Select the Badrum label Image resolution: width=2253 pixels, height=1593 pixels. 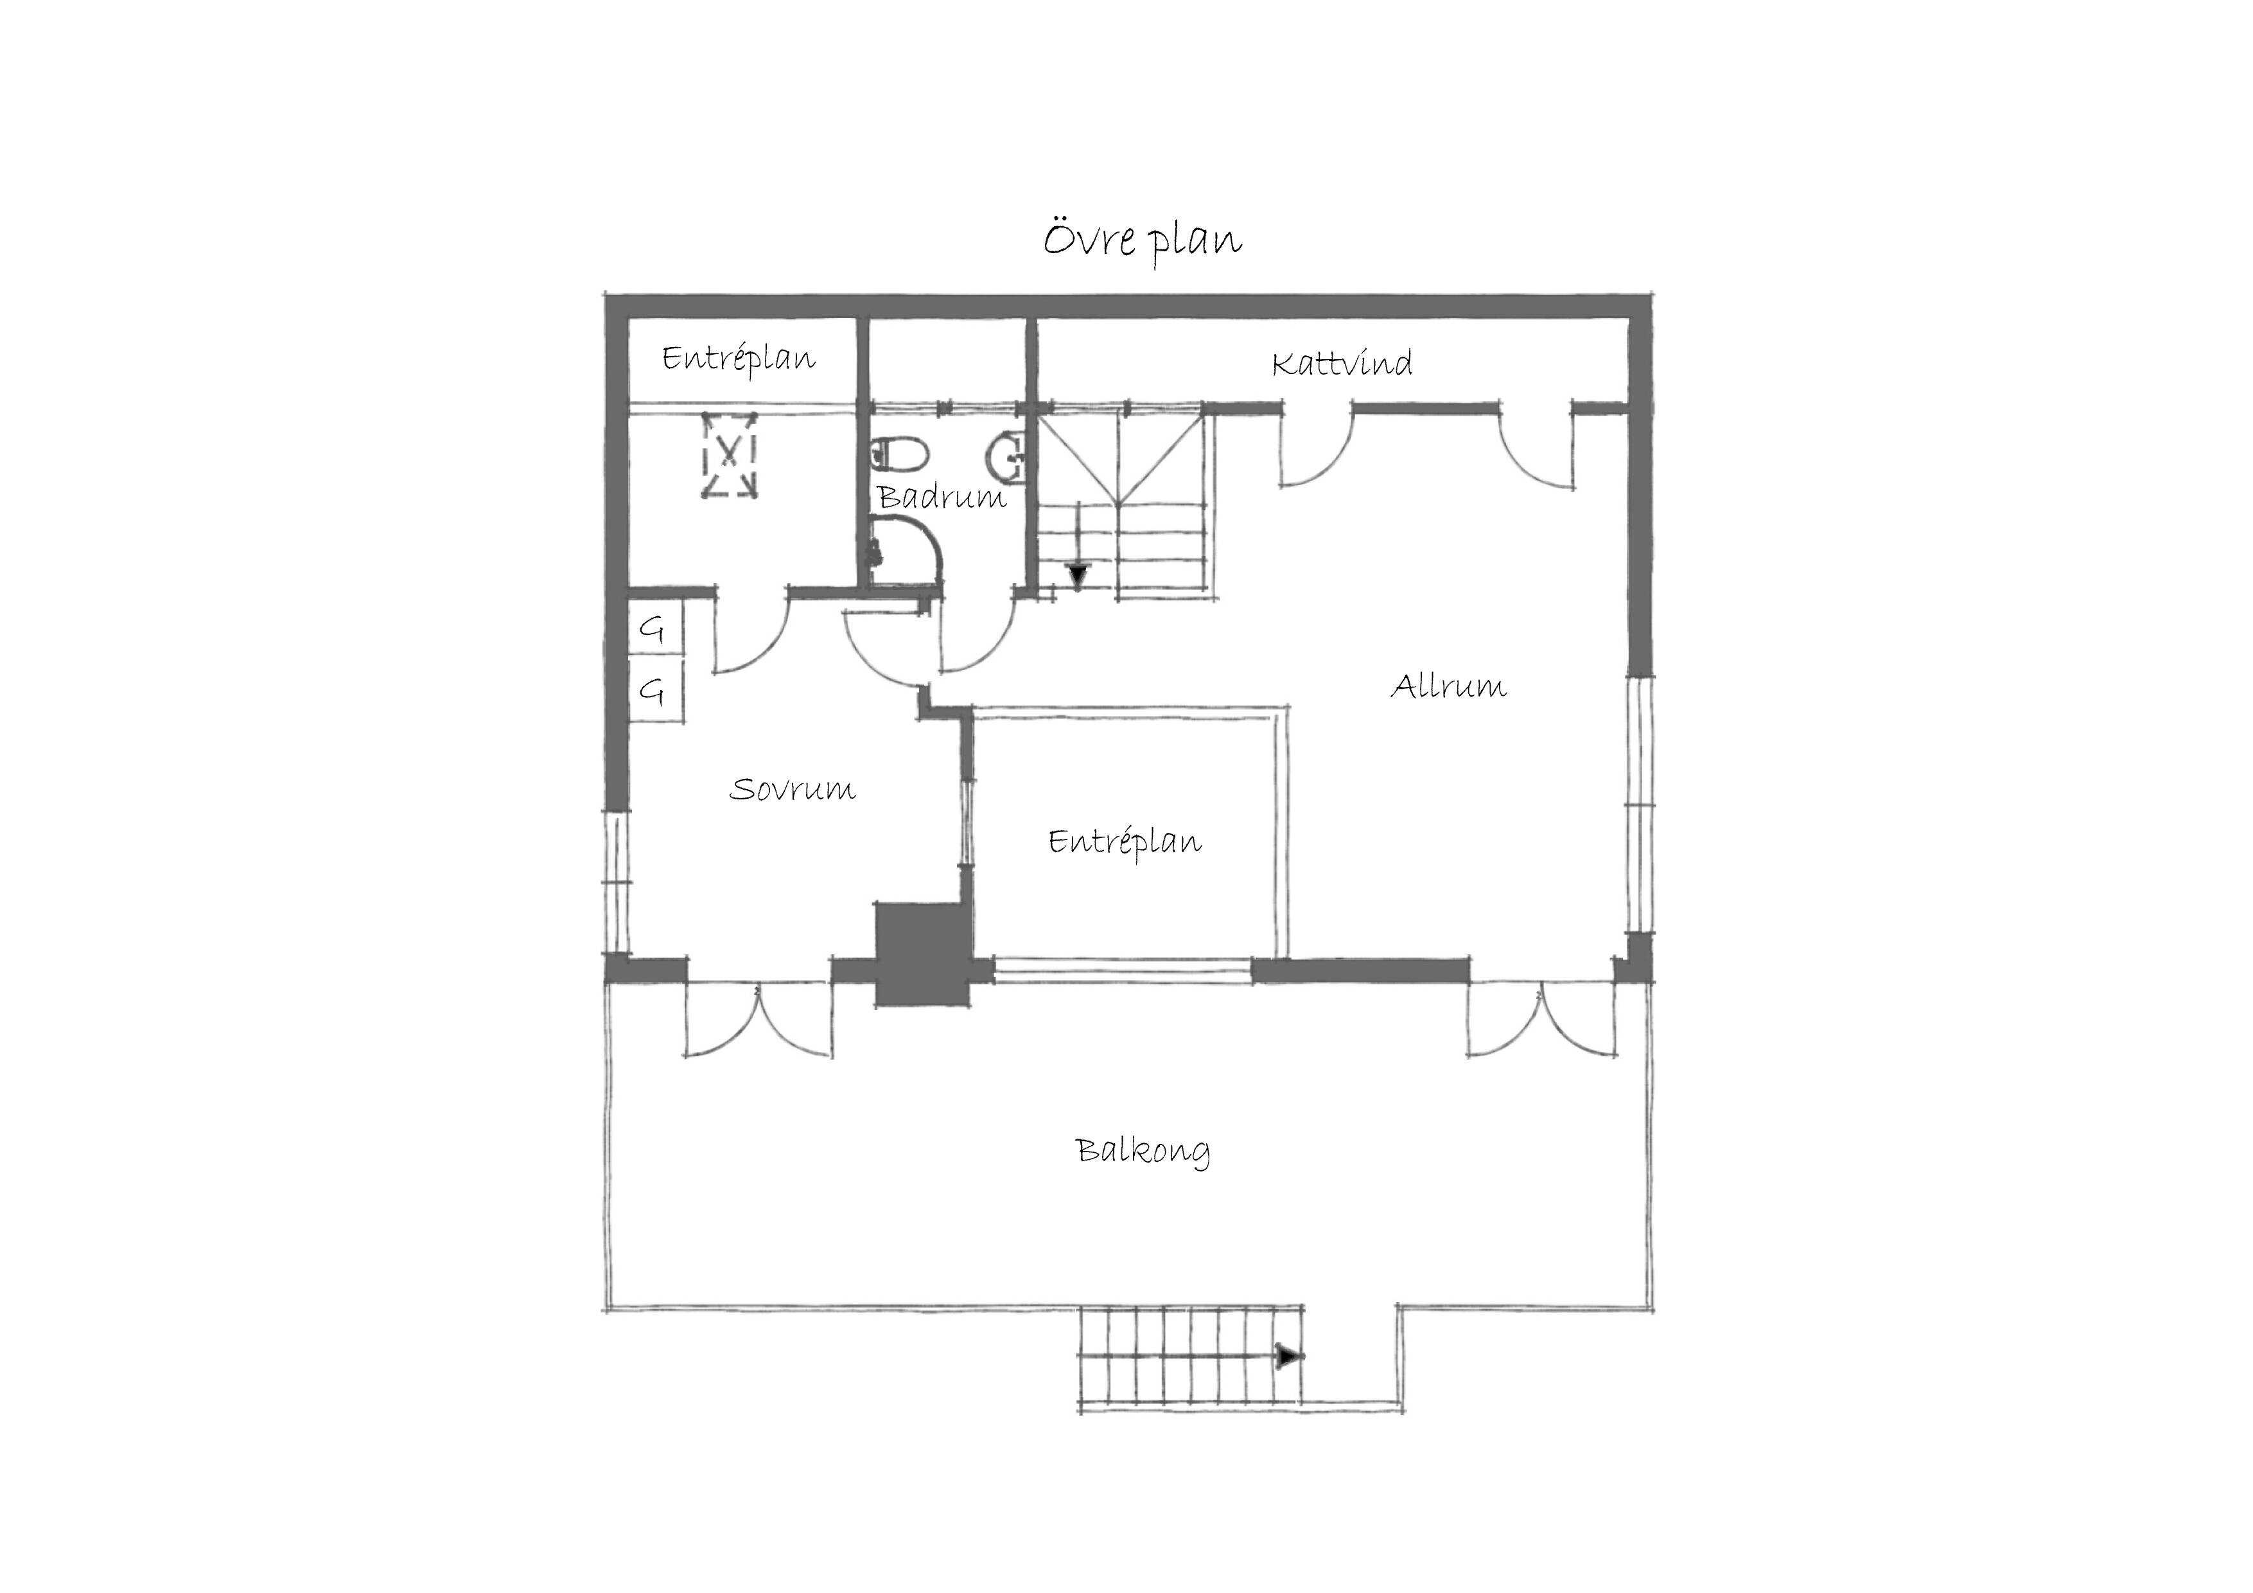(x=942, y=497)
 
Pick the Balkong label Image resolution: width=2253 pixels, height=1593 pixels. (x=1143, y=1150)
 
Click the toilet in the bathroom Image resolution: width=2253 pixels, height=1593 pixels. (x=900, y=454)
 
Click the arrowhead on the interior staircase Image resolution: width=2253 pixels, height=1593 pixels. (x=1078, y=574)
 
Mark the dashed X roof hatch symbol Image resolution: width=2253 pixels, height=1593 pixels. (x=729, y=456)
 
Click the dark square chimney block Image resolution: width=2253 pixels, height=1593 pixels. (x=922, y=954)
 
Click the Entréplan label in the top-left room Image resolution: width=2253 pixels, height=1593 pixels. (x=739, y=359)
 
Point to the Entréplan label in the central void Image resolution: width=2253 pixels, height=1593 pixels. (x=1125, y=842)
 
